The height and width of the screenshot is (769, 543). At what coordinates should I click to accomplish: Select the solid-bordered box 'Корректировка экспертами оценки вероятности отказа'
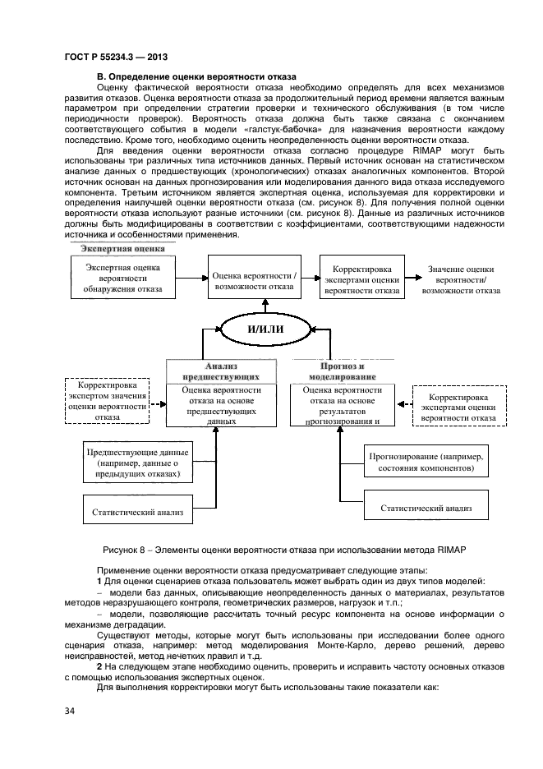pos(362,279)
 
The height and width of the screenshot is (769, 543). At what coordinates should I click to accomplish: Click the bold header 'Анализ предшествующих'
pos(215,371)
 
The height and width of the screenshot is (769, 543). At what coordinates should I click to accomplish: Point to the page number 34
pos(70,710)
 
